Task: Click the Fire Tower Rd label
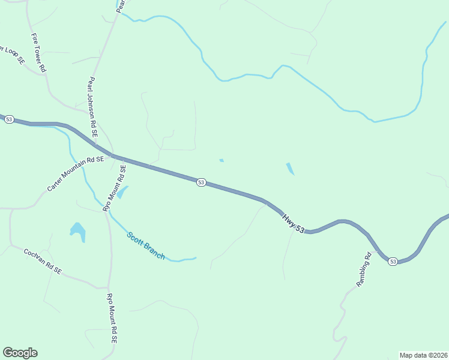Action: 39,53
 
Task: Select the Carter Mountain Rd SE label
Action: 76,173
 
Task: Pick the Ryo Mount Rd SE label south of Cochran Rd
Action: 111,317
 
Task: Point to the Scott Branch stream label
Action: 146,245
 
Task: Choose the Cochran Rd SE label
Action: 43,262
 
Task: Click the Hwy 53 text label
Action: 294,221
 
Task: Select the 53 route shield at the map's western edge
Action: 8,119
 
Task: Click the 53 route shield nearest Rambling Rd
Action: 393,261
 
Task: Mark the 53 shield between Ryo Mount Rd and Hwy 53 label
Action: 201,182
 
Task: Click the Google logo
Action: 20,353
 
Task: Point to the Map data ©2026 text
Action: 423,355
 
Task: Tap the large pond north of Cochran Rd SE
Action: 78,230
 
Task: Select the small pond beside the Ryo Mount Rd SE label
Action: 123,192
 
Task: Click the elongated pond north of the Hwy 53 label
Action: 290,169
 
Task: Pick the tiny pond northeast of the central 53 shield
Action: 221,160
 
